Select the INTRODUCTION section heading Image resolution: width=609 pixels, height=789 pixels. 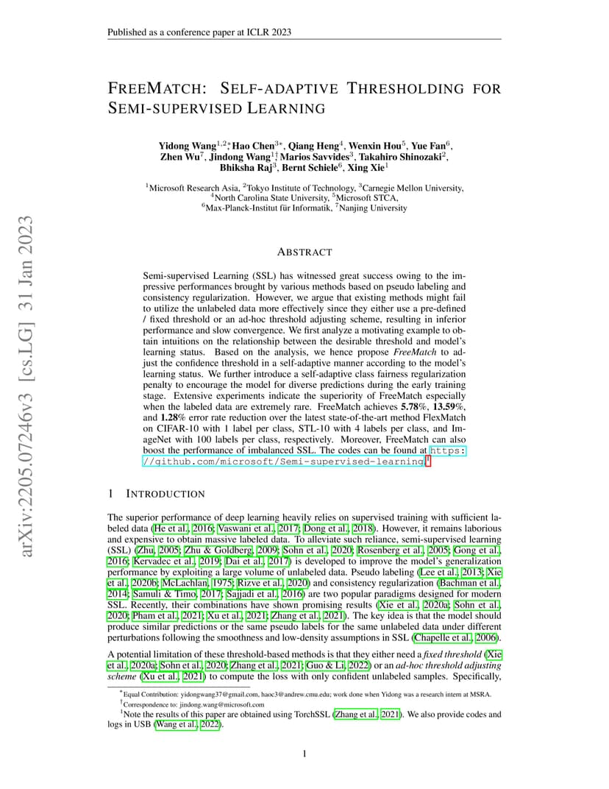point(166,493)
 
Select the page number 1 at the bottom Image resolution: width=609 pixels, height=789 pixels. point(304,753)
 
